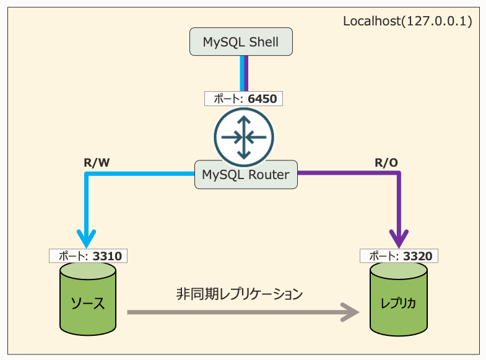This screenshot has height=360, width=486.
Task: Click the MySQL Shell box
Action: [241, 42]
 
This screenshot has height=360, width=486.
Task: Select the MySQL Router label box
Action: [246, 175]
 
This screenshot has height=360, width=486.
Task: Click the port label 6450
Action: [245, 98]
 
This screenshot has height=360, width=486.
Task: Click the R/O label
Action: [386, 163]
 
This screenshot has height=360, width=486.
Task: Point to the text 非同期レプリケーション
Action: [239, 294]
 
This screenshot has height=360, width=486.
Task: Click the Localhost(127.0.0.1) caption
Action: [407, 22]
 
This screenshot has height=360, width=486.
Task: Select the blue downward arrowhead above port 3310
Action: [87, 237]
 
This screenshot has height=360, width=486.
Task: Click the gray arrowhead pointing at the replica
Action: [350, 312]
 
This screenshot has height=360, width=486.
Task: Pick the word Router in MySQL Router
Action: [267, 175]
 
